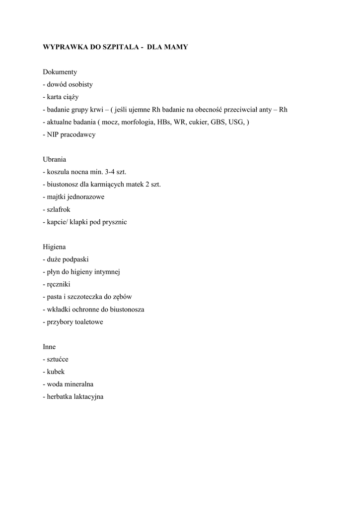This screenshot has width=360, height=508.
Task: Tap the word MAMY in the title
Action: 176,47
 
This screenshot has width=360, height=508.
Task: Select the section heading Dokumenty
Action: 60,72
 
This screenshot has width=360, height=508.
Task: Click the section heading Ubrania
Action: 55,160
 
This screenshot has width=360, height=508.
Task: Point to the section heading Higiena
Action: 55,247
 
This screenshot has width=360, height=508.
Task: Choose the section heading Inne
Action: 49,347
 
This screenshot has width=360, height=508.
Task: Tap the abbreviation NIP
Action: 53,134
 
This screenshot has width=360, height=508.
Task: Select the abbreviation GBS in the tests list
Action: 217,122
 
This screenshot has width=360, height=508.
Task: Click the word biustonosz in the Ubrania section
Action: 63,185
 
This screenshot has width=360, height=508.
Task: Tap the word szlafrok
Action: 58,210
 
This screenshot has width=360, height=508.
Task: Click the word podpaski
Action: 76,259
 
